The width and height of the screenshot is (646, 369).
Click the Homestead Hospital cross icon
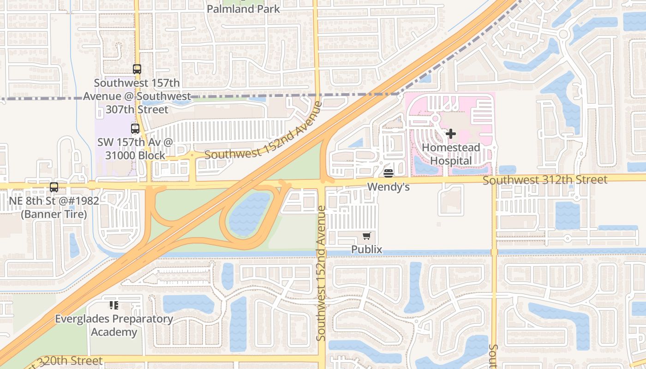coord(451,134)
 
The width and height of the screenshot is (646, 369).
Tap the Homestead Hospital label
coord(451,155)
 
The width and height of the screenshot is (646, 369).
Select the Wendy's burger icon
coord(388,173)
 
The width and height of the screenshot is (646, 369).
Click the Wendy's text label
coord(388,187)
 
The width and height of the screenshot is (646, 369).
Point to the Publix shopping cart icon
coord(366,236)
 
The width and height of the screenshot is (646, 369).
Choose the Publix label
coord(367,250)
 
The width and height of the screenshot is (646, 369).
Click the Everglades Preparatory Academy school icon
coord(114,305)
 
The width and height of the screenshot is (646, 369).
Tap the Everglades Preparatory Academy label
coord(114,325)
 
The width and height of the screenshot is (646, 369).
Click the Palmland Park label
coord(243,9)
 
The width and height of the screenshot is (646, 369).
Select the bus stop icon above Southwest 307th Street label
coord(137,69)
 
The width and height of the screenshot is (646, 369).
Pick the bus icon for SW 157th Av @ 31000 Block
coord(135,129)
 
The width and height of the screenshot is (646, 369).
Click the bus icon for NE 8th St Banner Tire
coord(54,187)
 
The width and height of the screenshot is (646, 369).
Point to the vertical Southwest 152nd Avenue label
coord(322,274)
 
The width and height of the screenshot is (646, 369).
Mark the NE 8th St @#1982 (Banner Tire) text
coord(54,208)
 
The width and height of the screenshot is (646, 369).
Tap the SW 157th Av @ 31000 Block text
coord(135,149)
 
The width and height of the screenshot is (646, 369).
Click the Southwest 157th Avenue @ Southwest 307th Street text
coord(137,96)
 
